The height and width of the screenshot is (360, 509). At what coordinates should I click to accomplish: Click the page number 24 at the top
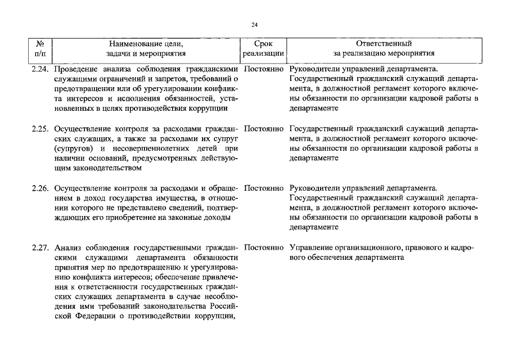[x=254, y=25]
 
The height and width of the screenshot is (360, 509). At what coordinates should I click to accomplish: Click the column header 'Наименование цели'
[x=147, y=43]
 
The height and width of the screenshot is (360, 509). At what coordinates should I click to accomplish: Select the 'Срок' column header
[x=263, y=43]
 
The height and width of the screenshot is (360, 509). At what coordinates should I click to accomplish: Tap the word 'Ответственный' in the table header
[x=384, y=43]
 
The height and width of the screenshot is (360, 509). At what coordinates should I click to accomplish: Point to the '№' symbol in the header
[x=40, y=43]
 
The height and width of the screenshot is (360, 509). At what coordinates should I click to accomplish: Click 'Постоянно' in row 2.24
[x=264, y=69]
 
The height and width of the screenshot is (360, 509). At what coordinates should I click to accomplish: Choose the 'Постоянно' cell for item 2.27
[x=264, y=247]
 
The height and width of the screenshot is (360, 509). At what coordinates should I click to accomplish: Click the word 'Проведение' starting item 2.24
[x=75, y=69]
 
